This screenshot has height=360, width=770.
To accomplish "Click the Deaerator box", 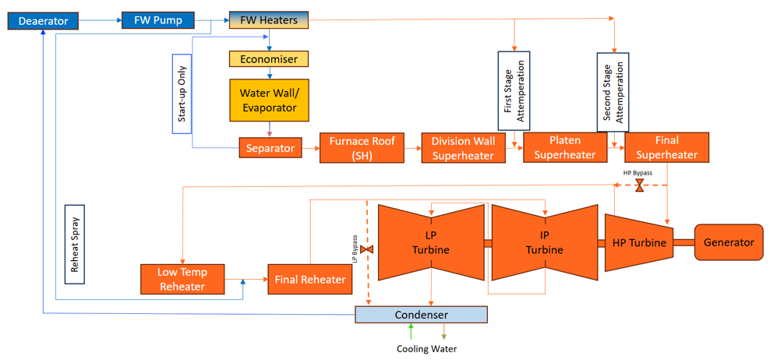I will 43,21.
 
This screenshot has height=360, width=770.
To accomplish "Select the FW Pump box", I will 157,20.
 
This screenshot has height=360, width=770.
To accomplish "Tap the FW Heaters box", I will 268,20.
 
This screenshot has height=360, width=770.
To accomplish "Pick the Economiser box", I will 268,58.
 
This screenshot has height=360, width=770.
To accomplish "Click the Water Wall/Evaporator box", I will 268,101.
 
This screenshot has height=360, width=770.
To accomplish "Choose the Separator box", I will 270,147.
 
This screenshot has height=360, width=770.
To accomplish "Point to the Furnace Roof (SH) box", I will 362,148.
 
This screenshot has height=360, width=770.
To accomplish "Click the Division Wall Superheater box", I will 463,148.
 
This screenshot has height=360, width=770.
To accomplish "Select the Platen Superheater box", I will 564,147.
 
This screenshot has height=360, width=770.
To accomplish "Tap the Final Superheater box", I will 666,147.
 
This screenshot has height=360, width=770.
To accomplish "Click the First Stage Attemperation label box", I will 514,90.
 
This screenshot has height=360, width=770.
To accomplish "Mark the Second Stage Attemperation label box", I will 613,90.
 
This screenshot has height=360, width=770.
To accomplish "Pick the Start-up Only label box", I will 182,93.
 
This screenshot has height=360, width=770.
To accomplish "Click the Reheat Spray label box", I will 75,244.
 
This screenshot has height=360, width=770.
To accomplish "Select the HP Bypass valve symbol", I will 639,185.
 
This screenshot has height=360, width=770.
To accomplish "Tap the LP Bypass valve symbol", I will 367,249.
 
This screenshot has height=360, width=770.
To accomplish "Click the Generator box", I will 729,242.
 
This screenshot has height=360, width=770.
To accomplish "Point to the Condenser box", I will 421,315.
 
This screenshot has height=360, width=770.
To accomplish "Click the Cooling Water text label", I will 426,348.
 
